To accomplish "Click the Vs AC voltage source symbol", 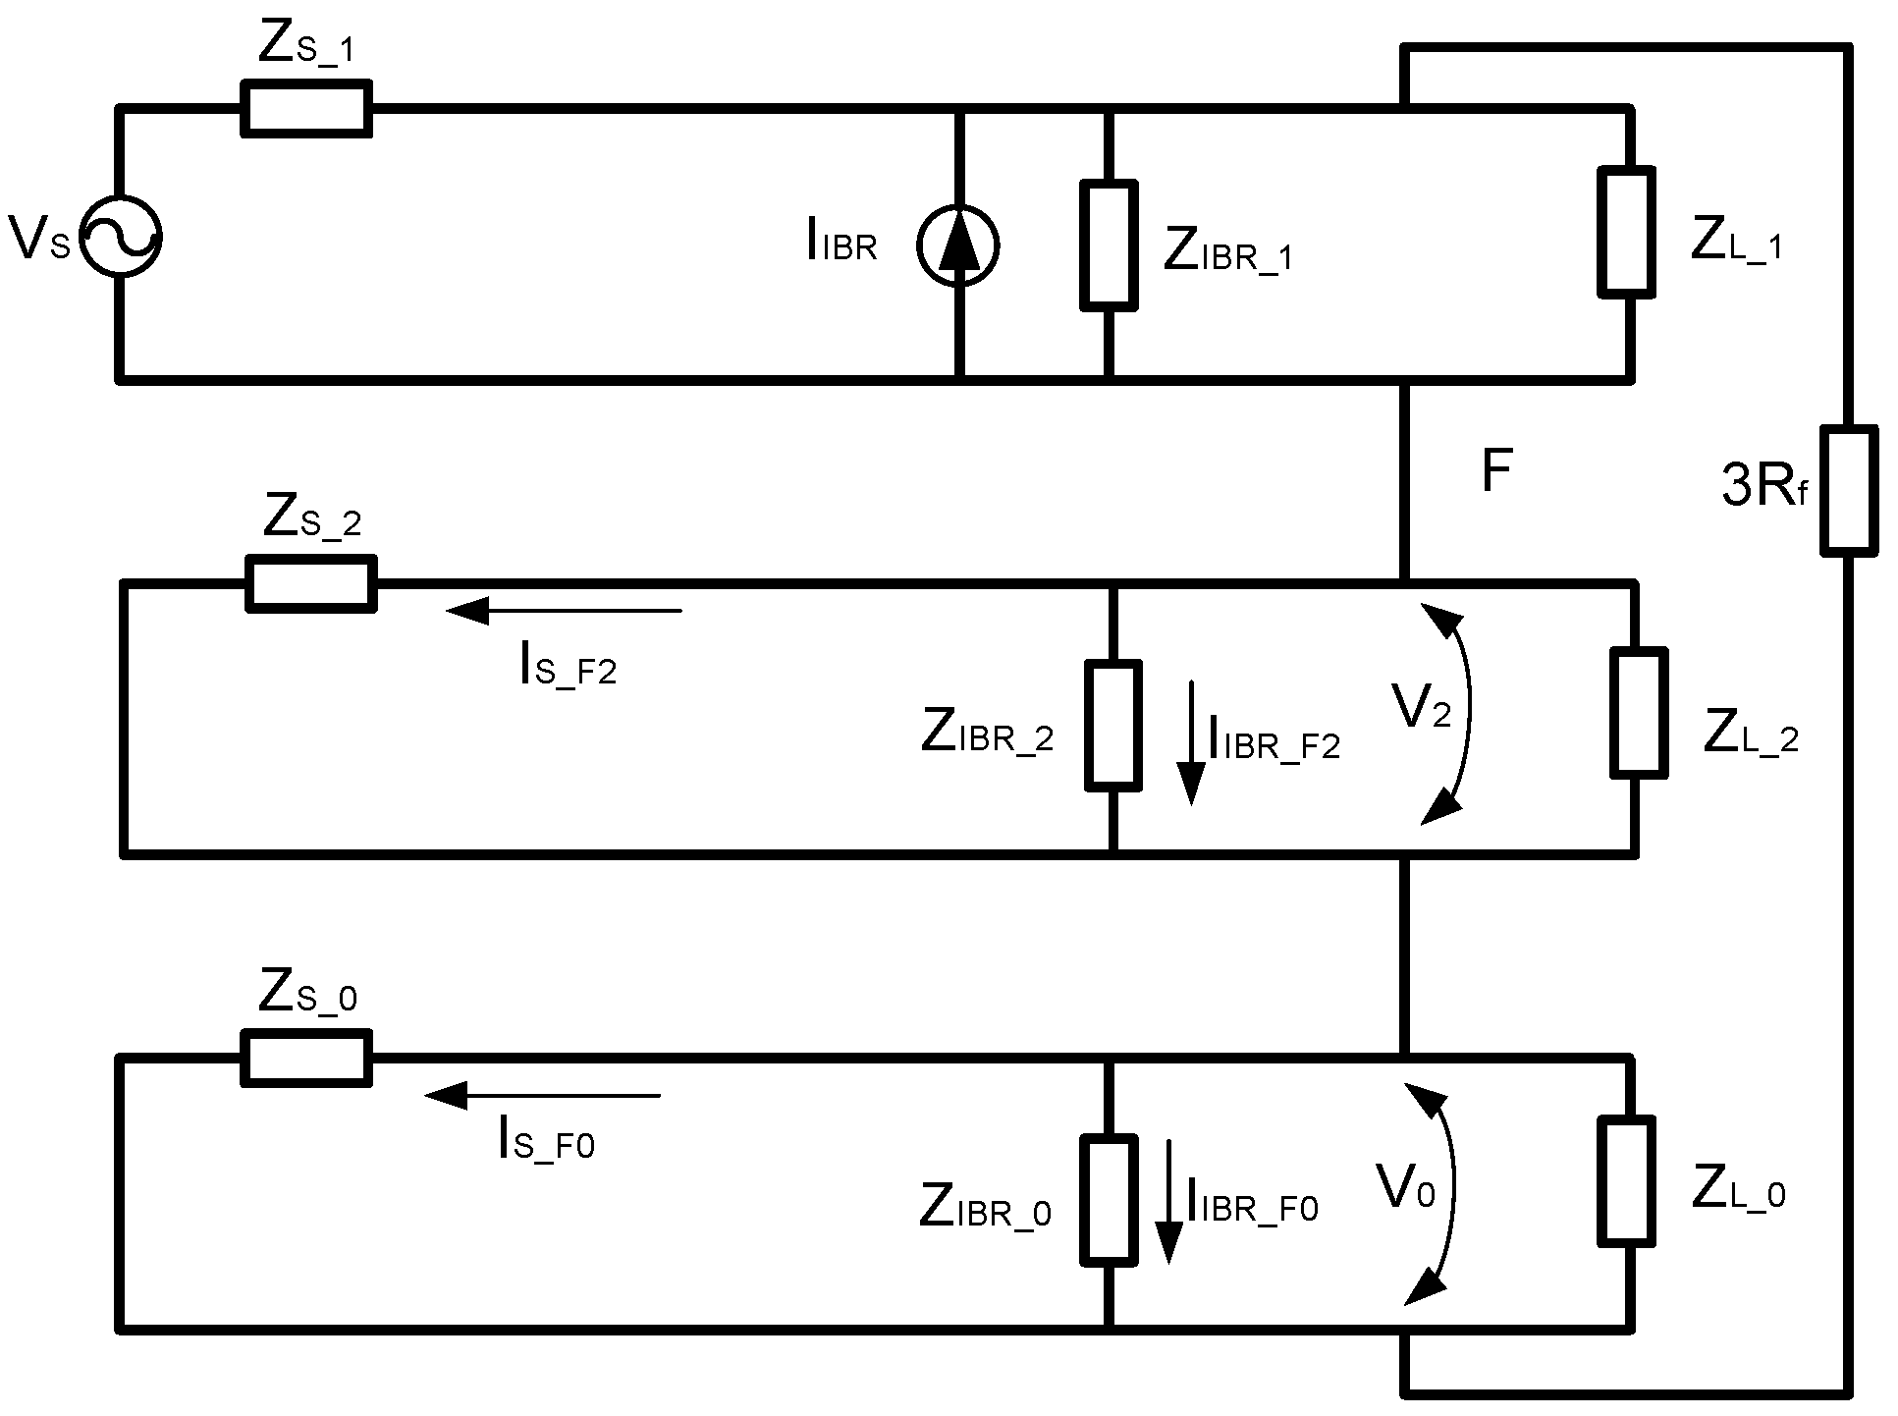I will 120,237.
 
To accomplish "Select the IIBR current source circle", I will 957,245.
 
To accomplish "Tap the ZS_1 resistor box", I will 306,108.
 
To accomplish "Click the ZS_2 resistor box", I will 310,584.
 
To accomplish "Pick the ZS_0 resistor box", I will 306,1059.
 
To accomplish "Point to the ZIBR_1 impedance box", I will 1110,245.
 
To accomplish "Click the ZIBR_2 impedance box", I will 1113,726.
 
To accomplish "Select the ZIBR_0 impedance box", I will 1110,1200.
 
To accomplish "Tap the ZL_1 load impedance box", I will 1627,232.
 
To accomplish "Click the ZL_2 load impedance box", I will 1639,711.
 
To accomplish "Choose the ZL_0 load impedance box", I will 1626,1181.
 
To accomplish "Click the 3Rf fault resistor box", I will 1849,491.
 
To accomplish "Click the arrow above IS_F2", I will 564,611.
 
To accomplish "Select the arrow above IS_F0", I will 543,1095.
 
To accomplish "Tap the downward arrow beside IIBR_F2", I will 1191,741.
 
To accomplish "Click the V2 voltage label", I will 1421,707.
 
